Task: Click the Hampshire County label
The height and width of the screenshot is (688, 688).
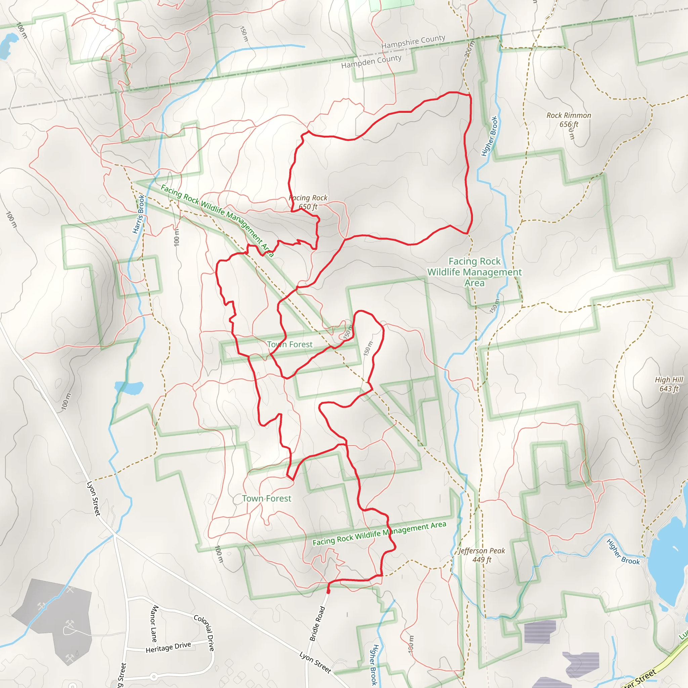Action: [x=413, y=42]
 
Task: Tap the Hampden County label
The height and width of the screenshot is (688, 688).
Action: [x=371, y=61]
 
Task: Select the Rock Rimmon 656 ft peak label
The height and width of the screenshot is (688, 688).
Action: [x=569, y=120]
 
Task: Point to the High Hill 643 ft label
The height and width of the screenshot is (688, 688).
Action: [x=669, y=384]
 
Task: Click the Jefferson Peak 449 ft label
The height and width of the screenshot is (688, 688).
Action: [x=482, y=555]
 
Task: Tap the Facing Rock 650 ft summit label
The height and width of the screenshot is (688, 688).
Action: [x=308, y=202]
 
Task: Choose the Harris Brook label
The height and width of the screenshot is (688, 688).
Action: [x=138, y=214]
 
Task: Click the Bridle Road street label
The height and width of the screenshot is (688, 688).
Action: [x=317, y=623]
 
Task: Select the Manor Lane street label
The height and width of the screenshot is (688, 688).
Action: [x=154, y=623]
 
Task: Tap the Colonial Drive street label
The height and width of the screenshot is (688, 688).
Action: [x=204, y=633]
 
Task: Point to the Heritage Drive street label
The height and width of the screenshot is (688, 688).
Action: [x=168, y=647]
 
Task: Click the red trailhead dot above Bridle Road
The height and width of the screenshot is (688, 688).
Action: [x=328, y=592]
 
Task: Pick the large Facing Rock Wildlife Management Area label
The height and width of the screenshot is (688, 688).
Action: [x=474, y=272]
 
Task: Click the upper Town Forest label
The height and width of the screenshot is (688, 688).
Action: [x=290, y=344]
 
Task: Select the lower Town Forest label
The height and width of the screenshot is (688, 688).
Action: [x=266, y=499]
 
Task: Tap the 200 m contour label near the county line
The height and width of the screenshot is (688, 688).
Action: [x=470, y=49]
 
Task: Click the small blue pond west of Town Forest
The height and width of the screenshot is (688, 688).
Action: [x=129, y=387]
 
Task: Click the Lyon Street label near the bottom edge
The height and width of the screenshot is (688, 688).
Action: [x=315, y=662]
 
